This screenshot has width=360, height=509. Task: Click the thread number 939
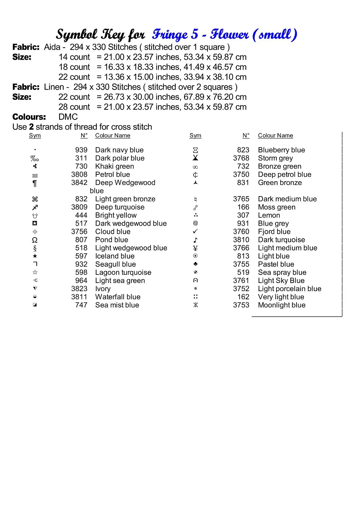pyautogui.click(x=81, y=150)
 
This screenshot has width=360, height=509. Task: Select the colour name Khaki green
pyautogui.click(x=114, y=166)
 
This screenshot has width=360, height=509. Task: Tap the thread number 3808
pyautogui.click(x=79, y=174)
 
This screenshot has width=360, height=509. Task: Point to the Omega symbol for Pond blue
pyautogui.click(x=35, y=240)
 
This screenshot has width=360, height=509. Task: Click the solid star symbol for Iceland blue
pyautogui.click(x=35, y=256)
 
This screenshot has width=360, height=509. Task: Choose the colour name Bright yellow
pyautogui.click(x=116, y=215)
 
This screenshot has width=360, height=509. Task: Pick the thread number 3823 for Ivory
pyautogui.click(x=79, y=289)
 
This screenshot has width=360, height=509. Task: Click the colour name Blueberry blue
pyautogui.click(x=281, y=150)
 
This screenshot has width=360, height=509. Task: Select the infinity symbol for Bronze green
pyautogui.click(x=195, y=167)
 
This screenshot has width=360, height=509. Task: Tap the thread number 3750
pyautogui.click(x=241, y=174)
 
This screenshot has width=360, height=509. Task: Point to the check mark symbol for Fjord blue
pyautogui.click(x=195, y=231)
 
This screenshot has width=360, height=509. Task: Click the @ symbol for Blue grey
pyautogui.click(x=195, y=223)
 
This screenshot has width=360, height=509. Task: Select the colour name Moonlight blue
pyautogui.click(x=282, y=305)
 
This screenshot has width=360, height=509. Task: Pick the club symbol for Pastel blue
pyautogui.click(x=195, y=264)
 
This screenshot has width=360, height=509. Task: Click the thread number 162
pyautogui.click(x=243, y=297)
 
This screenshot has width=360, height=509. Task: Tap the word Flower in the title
pyautogui.click(x=230, y=34)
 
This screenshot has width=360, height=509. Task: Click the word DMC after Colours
pyautogui.click(x=68, y=117)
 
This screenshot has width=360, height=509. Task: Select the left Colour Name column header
pyautogui.click(x=112, y=136)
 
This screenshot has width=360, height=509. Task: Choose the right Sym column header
pyautogui.click(x=195, y=136)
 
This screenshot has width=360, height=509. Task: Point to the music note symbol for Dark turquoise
pyautogui.click(x=195, y=240)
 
